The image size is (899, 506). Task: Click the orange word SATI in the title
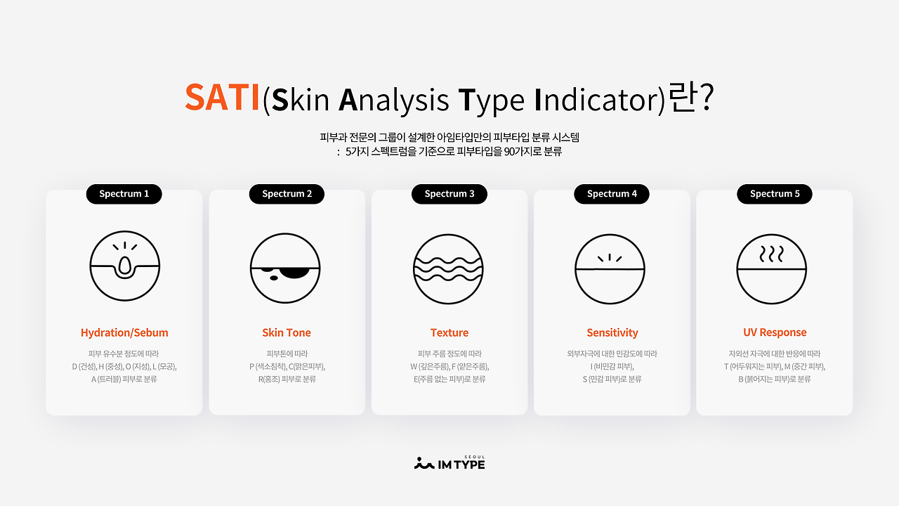[222, 97]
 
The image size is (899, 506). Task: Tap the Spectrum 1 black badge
[124, 194]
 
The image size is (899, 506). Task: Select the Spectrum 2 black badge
[287, 194]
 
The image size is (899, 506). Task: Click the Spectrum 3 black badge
[449, 194]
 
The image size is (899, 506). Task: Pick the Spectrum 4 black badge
[612, 194]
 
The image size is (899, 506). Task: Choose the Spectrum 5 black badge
[775, 194]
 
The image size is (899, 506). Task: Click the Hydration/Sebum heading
[124, 333]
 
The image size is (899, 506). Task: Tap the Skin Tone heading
[287, 332]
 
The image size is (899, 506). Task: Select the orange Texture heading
[449, 332]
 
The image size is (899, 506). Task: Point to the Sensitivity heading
[612, 333]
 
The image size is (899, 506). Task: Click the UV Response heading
[775, 332]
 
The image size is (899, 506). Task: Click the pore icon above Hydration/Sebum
[125, 266]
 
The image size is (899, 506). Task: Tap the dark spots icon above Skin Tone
[285, 268]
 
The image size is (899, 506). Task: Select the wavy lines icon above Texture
[448, 269]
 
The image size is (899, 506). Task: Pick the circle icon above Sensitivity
[610, 269]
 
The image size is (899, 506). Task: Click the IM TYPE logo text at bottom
[461, 465]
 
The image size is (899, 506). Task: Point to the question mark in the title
[706, 97]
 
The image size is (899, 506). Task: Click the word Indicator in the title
[597, 100]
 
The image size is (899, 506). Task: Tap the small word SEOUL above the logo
[474, 457]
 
